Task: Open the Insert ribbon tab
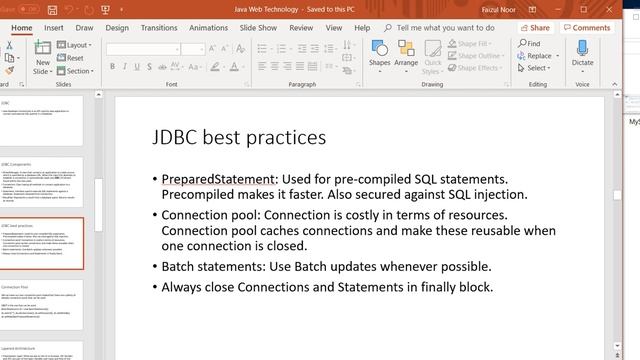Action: [x=54, y=28]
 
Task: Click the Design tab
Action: [x=117, y=28]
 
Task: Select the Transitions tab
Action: [x=159, y=28]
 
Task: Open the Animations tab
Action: [x=208, y=28]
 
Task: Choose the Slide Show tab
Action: [x=259, y=28]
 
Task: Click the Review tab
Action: [x=301, y=28]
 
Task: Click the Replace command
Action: [x=538, y=56]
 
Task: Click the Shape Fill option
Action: [x=474, y=44]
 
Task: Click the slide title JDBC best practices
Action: [x=238, y=137]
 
